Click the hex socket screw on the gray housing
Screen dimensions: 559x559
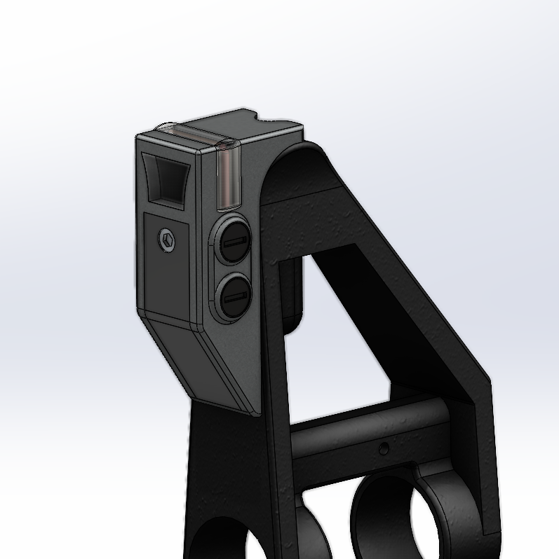tap(167, 240)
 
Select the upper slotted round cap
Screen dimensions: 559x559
tap(234, 242)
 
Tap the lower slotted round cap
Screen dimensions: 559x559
tap(233, 298)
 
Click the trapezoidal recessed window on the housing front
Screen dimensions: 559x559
tap(166, 180)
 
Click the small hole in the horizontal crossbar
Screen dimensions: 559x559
tap(382, 447)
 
